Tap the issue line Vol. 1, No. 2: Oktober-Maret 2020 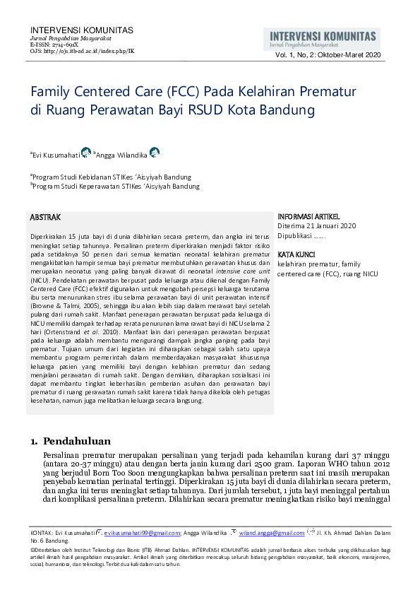tap(328, 55)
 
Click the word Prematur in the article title tap(323, 92)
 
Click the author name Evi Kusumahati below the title tap(56, 154)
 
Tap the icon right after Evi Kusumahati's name tap(86, 153)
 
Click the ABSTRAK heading tap(46, 217)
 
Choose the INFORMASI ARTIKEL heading tap(308, 217)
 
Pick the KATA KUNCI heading tap(296, 254)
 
